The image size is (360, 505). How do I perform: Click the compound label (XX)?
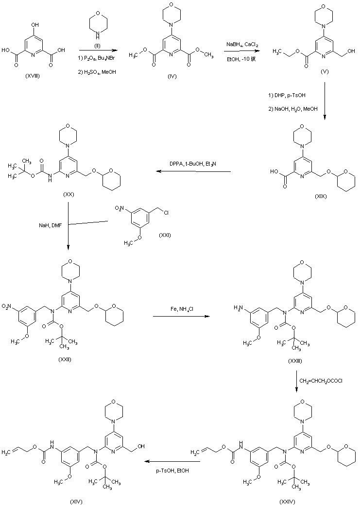(x=68, y=194)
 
